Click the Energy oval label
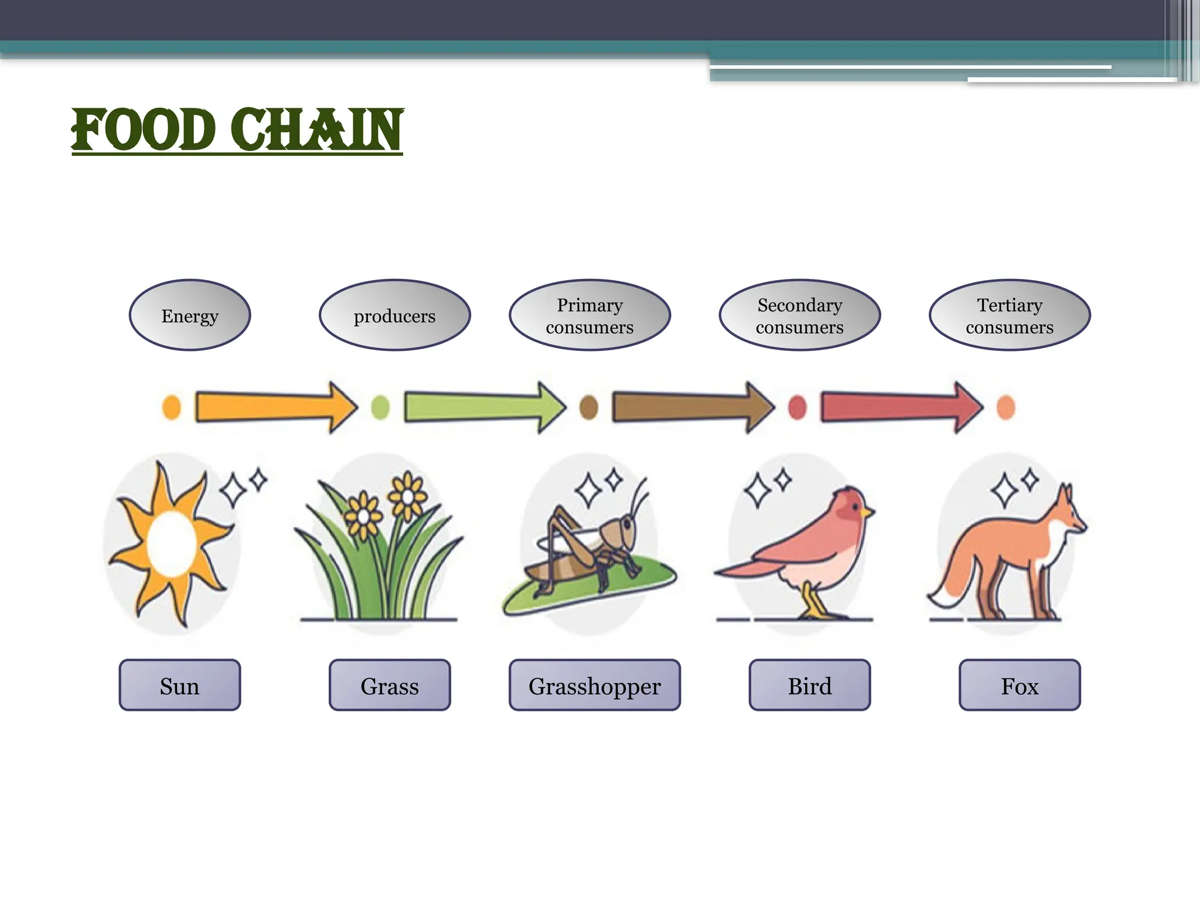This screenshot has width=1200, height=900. [x=190, y=315]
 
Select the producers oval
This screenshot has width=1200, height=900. [x=394, y=315]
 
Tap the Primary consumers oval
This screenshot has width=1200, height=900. [x=589, y=315]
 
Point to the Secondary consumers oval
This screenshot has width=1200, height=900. [x=799, y=315]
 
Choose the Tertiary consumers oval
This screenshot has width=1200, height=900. [x=1009, y=315]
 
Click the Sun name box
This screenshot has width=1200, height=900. [x=180, y=685]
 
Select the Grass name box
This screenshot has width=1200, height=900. [x=390, y=685]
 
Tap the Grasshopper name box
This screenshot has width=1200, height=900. [x=595, y=685]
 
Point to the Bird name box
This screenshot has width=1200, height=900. [x=809, y=685]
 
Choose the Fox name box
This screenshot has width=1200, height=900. [x=1020, y=685]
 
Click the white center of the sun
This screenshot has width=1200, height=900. [x=171, y=544]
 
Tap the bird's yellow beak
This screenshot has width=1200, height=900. [x=867, y=513]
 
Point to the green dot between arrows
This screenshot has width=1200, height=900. [x=380, y=407]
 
